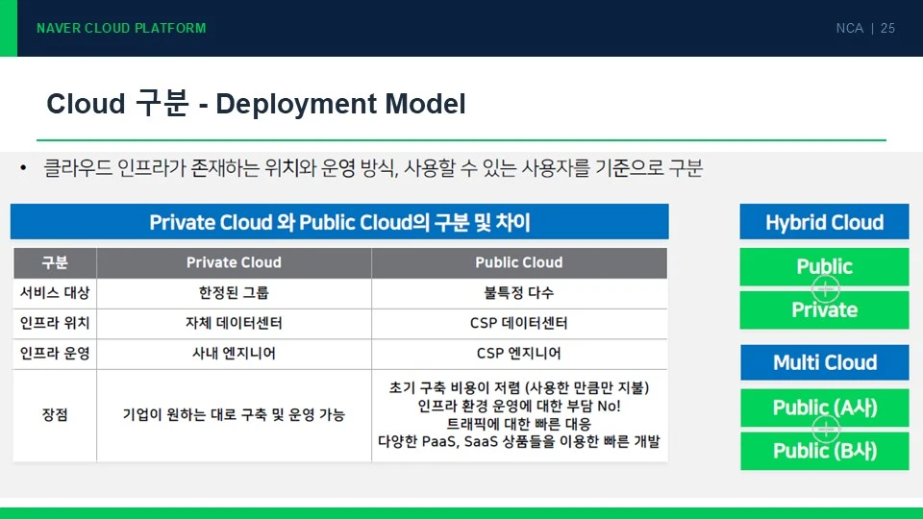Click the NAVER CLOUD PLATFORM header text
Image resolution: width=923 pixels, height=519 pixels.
point(121,28)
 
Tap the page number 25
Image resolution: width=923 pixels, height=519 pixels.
point(887,28)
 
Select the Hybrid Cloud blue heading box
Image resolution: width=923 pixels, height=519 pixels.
point(824,222)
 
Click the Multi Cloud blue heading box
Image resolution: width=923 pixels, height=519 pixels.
point(824,362)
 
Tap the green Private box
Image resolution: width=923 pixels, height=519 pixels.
point(824,310)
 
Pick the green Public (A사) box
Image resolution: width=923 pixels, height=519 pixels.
point(824,408)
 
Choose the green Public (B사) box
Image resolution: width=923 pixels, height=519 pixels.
point(824,452)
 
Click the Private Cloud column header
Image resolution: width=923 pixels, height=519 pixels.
point(234,262)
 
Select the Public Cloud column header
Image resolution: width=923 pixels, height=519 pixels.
point(519,262)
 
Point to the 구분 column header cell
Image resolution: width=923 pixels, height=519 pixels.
point(55,262)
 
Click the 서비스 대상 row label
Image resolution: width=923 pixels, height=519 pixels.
point(55,292)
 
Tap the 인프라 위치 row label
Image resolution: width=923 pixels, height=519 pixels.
point(55,323)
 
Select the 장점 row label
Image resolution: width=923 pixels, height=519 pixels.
point(55,415)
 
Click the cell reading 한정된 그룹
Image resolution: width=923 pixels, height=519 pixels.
point(234,292)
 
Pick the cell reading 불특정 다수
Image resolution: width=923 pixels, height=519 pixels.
point(518,292)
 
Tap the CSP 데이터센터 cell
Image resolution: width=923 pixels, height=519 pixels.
point(518,323)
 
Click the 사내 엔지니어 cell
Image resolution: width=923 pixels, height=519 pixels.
point(234,353)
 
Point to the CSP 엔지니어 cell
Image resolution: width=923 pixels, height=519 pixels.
point(518,353)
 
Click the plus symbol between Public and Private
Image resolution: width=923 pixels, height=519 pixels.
point(825,288)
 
